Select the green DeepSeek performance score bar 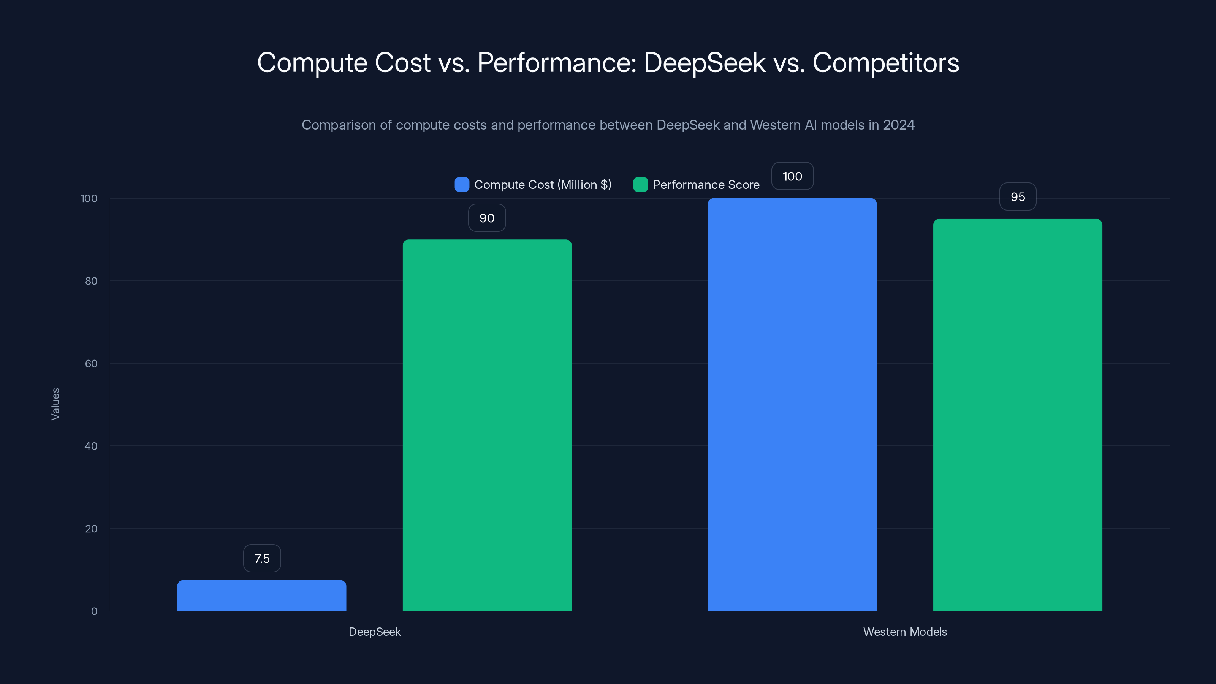tap(487, 425)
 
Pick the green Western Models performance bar tap(1017, 415)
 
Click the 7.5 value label tap(262, 559)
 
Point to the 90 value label tap(487, 218)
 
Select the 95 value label tap(1017, 197)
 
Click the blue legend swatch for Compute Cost tap(461, 185)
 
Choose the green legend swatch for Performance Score tap(640, 185)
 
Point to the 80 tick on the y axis tap(91, 281)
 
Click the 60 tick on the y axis tap(91, 364)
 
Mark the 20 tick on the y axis tap(91, 529)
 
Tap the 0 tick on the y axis tap(94, 611)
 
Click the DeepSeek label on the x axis tap(374, 632)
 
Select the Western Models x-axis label tap(904, 632)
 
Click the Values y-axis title tap(55, 404)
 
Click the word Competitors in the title tap(885, 63)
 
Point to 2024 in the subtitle tap(898, 125)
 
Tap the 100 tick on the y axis tap(89, 198)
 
